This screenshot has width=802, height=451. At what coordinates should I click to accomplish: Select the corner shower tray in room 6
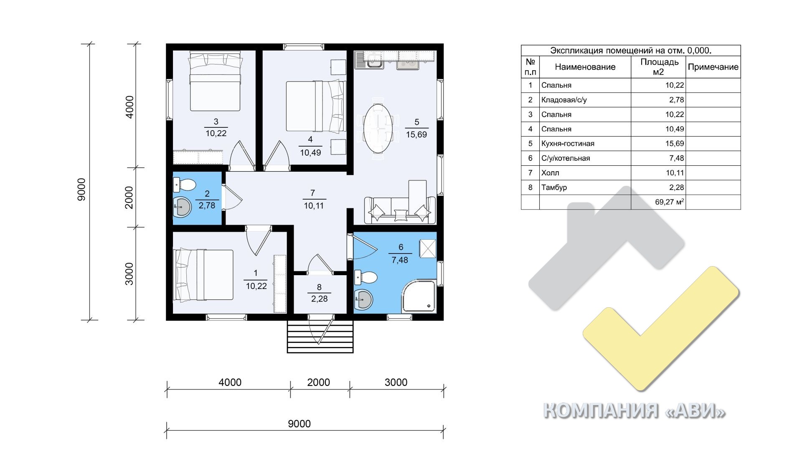419,296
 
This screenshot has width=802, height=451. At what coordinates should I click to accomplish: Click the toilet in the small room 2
184,184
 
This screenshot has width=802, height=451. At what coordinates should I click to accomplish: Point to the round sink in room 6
363,299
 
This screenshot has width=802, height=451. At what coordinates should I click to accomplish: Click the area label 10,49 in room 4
310,153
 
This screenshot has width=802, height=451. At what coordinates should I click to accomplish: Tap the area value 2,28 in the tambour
319,299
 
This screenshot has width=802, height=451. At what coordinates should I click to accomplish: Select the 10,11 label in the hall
314,205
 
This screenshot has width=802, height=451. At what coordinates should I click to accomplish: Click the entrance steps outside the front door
320,336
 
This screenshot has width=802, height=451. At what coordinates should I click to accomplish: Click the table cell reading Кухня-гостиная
568,144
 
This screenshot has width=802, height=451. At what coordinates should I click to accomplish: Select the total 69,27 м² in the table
670,202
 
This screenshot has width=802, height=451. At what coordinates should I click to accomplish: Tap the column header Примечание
713,67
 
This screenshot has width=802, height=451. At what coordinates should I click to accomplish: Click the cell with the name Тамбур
554,187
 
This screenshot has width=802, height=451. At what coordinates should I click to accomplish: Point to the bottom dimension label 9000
299,424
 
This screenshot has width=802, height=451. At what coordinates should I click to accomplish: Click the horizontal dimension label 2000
318,382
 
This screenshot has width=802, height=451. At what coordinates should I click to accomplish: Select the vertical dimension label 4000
130,107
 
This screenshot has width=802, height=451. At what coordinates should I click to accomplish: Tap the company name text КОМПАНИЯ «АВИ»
634,411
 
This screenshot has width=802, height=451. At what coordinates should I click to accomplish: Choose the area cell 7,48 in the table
675,158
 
